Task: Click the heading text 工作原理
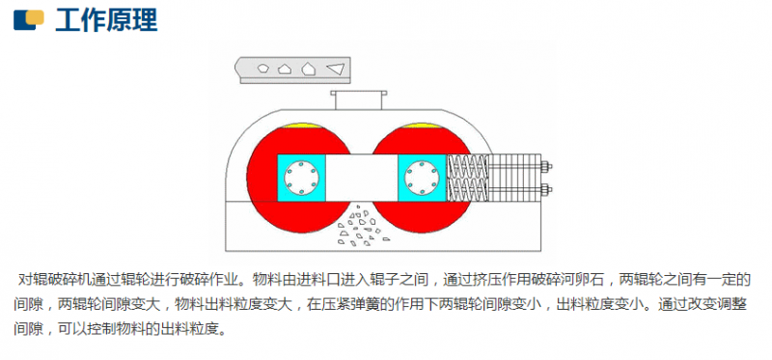pyautogui.click(x=106, y=18)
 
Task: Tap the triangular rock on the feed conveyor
pyautogui.click(x=335, y=69)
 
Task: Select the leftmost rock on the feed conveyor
pyautogui.click(x=262, y=69)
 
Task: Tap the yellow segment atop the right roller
pyautogui.click(x=421, y=126)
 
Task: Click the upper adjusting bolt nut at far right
pyautogui.click(x=546, y=165)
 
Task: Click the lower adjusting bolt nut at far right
pyautogui.click(x=546, y=187)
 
